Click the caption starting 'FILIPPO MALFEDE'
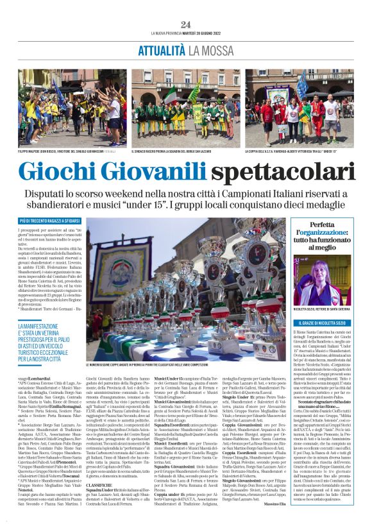[61, 133]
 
